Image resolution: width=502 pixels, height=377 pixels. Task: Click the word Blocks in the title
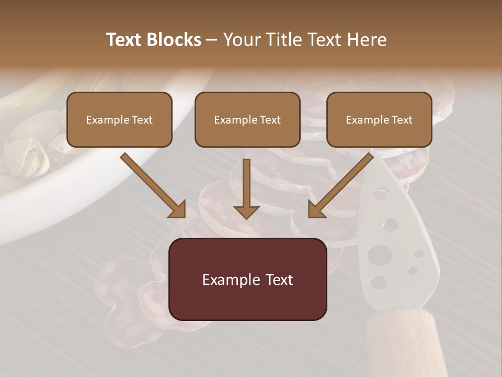(174, 40)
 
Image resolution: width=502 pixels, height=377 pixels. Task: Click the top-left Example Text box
(119, 119)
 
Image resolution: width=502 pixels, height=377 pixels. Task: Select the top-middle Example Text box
(247, 119)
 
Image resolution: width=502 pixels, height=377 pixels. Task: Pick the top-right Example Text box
(379, 119)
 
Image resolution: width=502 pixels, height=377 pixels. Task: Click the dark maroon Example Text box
(247, 279)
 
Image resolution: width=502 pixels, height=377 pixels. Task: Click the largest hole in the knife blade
(380, 255)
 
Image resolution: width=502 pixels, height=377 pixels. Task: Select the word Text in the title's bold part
(124, 40)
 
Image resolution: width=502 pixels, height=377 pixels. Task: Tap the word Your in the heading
(242, 40)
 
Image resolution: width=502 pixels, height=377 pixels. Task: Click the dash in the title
(212, 40)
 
